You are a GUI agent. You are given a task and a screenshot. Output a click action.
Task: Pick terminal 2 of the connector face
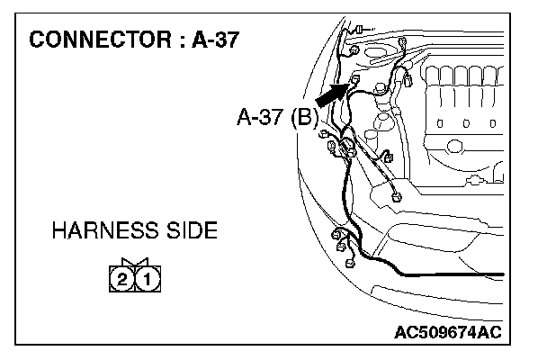[x=121, y=278]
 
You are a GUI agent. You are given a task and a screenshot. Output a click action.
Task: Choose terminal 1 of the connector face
[x=147, y=278]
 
